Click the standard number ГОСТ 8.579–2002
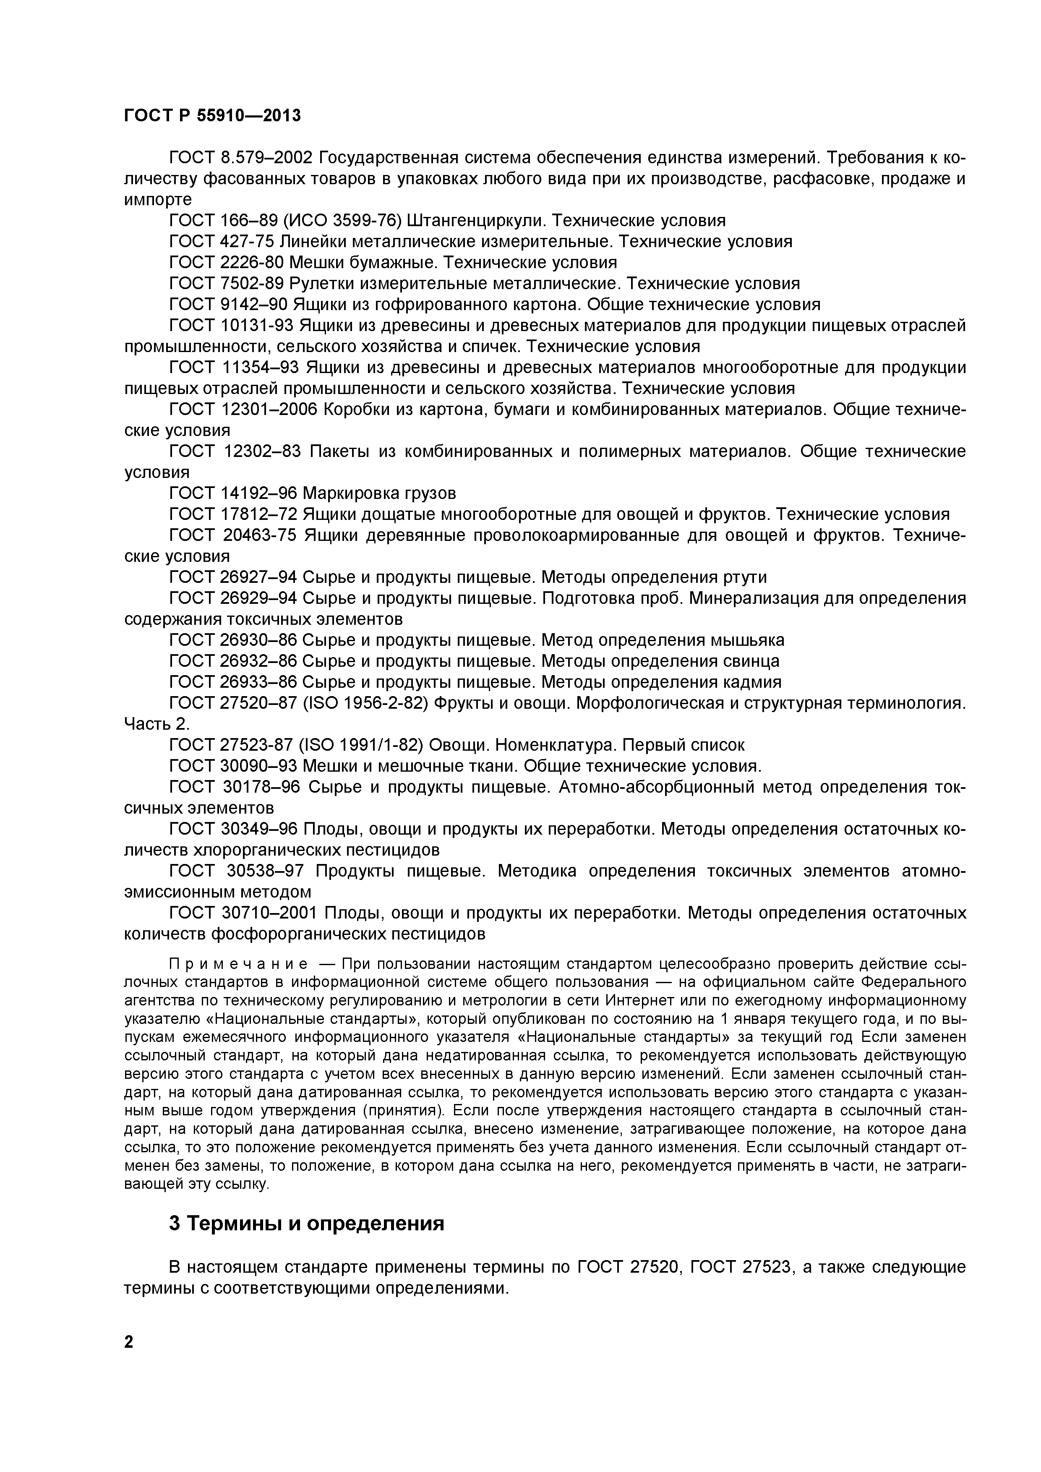pos(240,158)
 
